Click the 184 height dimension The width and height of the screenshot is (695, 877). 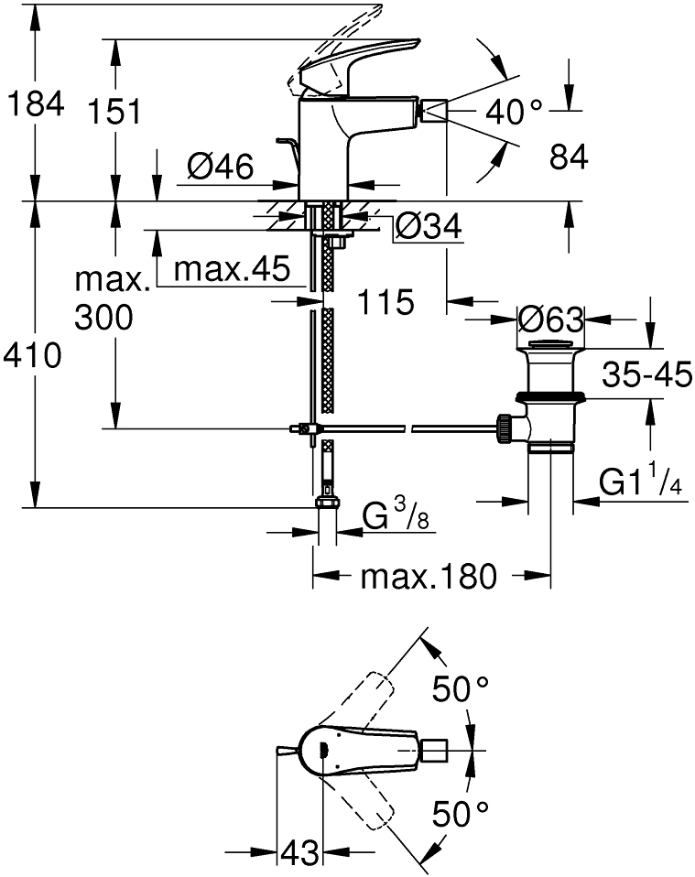[34, 104]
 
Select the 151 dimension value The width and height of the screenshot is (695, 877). [115, 114]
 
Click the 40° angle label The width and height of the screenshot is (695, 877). [514, 112]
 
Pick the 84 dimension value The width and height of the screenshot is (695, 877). [568, 158]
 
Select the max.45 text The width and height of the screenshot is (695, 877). [232, 269]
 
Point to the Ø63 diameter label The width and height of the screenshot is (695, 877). [549, 320]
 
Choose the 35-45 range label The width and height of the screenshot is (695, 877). [647, 374]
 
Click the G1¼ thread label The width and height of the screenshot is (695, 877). [642, 482]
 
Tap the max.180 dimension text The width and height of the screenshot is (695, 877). [428, 577]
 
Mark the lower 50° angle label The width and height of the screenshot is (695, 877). [461, 812]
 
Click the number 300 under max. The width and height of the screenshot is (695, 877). [103, 318]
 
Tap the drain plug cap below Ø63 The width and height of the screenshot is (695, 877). [548, 347]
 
